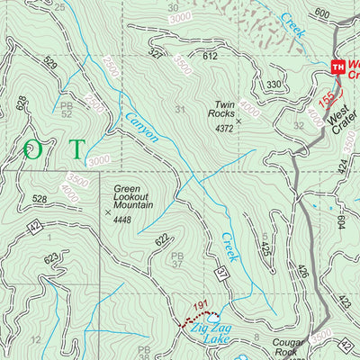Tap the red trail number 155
[328, 95]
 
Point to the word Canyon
[140, 125]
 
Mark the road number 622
[162, 239]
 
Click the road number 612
[211, 56]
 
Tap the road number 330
[274, 85]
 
